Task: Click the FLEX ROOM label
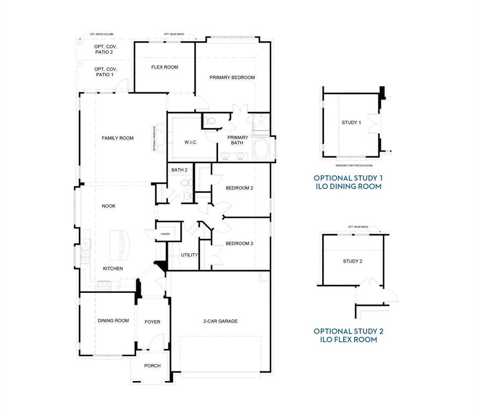pos(164,67)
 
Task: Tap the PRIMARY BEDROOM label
pos(232,78)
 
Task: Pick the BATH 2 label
pos(179,170)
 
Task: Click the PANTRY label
pos(165,234)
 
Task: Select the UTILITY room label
pos(189,255)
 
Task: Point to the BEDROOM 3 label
pos(239,244)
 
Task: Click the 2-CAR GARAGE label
pos(220,321)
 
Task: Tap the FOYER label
pos(152,322)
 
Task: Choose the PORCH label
pos(152,366)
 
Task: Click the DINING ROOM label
pos(113,321)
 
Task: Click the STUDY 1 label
pos(351,122)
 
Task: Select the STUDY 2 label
pos(353,261)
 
